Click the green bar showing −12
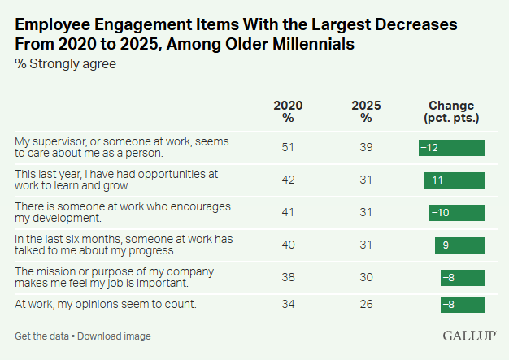tap(451, 147)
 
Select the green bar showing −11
tap(454, 179)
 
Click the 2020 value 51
tap(288, 147)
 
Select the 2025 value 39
tap(367, 147)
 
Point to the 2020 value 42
tap(288, 179)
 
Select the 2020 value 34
tap(288, 304)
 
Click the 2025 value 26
tap(367, 304)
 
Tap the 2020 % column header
tap(288, 111)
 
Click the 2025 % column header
tap(367, 111)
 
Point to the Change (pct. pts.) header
tap(451, 111)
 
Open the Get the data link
tap(41, 336)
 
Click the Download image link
tap(114, 336)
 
